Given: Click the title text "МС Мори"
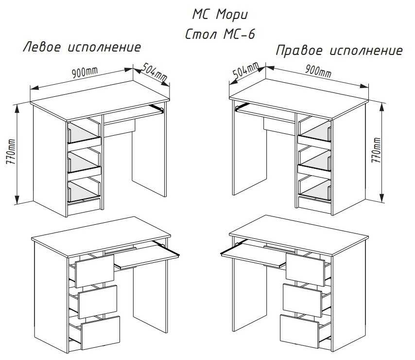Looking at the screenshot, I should coord(220,14).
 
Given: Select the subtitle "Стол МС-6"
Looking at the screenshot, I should coord(220,34).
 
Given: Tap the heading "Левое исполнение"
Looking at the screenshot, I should coord(82,48).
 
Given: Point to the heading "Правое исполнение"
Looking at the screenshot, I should coord(339,50).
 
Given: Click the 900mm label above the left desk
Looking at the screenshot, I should coord(85,73).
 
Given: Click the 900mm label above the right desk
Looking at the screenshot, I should coord(318,70).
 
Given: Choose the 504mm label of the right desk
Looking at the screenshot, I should coord(245,72).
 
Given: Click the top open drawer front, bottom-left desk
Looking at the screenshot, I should coord(95,270).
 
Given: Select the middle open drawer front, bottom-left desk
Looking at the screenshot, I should coord(97,302).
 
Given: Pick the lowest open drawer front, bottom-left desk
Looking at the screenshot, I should coord(100,333).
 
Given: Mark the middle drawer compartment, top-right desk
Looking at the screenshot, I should coord(315,161).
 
